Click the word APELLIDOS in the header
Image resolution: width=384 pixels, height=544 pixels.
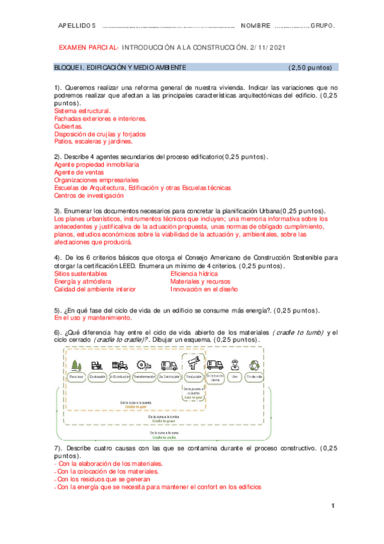(76, 26)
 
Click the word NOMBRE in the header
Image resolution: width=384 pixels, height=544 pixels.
(255, 26)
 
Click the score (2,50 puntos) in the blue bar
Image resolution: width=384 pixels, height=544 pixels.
(309, 67)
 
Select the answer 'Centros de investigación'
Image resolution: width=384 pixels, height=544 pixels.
(93, 196)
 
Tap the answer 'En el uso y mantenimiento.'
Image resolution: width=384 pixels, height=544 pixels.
(93, 317)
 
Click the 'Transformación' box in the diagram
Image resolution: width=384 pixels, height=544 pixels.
(145, 377)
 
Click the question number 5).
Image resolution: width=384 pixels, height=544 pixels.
(58, 309)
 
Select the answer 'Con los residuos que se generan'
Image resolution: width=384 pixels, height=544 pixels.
(104, 479)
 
